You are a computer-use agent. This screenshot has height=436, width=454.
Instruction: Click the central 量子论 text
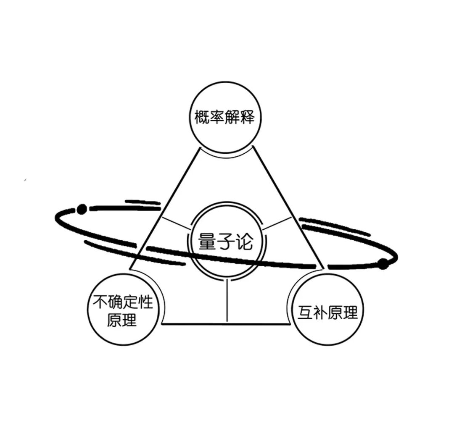pos(226,242)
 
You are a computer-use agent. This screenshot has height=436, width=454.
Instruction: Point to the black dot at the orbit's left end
pos(82,208)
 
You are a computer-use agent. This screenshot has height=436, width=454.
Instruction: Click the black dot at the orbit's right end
pos(383,264)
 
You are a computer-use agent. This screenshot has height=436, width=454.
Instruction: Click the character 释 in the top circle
pos(248,117)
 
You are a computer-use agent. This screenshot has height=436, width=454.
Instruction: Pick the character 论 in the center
pos(244,242)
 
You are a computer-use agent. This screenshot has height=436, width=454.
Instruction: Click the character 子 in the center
pos(226,242)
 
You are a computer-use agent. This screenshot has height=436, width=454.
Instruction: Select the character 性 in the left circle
pos(145,302)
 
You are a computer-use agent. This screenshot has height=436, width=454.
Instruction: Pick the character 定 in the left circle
pos(129,302)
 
